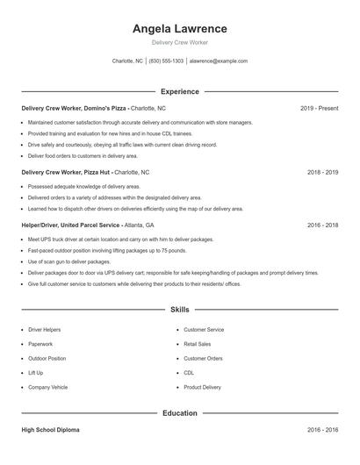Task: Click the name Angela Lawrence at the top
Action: pos(179,28)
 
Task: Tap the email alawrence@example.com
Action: pos(219,61)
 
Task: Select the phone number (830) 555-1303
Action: pos(166,61)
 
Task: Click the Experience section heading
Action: pos(179,91)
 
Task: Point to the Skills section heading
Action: pos(179,310)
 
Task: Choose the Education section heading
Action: pos(179,412)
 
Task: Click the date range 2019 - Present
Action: pos(319,108)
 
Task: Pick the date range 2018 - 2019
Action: pos(323,173)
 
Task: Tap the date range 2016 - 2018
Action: pos(323,225)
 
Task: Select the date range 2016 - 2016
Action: pos(323,431)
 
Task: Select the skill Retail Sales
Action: pos(198,344)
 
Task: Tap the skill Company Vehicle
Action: pos(47,387)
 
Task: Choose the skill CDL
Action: pos(189,373)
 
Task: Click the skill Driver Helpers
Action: pos(45,330)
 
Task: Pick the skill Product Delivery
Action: pos(203,387)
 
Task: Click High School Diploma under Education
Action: pos(50,431)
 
